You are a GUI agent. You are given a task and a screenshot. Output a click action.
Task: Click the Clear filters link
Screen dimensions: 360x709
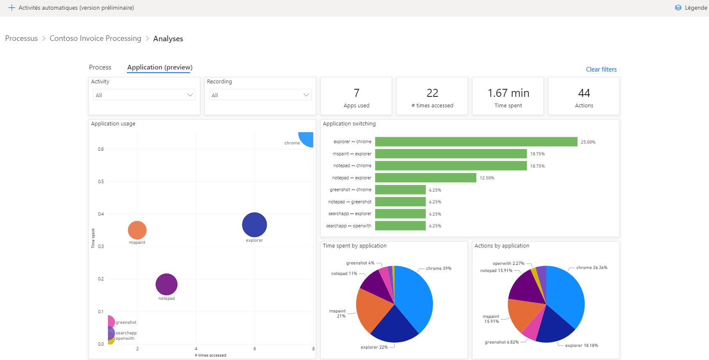(x=601, y=69)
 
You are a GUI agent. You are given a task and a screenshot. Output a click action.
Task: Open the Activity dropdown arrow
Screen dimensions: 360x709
(x=190, y=95)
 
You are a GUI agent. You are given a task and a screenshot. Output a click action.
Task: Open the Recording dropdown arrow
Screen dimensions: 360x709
(x=306, y=95)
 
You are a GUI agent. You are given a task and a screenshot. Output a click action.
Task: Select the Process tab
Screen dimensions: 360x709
(x=100, y=67)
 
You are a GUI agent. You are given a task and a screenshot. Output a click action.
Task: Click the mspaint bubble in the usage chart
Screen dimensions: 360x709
(x=137, y=230)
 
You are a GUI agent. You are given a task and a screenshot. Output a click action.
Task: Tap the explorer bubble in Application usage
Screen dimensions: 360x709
(x=254, y=224)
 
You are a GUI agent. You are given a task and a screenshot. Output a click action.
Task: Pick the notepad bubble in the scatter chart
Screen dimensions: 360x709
(x=167, y=284)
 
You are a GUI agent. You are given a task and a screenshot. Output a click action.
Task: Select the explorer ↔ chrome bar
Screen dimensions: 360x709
(x=476, y=142)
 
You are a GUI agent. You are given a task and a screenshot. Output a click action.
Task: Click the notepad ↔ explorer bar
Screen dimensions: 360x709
(x=425, y=178)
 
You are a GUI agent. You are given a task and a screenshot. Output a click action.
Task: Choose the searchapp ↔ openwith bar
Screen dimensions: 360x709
(x=400, y=226)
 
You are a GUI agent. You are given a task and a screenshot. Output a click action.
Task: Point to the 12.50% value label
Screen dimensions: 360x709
(x=487, y=178)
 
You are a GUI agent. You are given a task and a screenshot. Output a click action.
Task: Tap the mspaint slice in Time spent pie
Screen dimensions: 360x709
(x=371, y=309)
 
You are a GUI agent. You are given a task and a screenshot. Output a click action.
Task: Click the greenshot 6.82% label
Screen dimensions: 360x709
(x=502, y=342)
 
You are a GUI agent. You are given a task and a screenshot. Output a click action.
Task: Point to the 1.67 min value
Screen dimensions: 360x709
(x=508, y=93)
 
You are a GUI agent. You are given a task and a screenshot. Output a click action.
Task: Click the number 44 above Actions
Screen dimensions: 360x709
(x=584, y=93)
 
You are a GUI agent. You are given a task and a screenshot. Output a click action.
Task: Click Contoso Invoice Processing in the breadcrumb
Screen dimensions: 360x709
(x=95, y=38)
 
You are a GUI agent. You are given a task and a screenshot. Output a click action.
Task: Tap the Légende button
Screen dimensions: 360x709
(x=691, y=8)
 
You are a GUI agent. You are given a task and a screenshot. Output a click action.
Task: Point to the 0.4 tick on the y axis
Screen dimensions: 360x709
(x=101, y=214)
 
